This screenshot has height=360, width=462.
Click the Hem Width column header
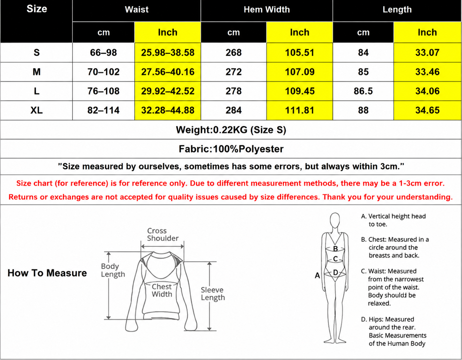[266, 9]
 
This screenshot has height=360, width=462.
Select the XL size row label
[37, 110]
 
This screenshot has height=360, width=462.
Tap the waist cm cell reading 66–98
[103, 53]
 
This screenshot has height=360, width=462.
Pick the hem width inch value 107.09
[299, 72]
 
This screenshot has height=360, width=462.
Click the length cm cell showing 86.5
[363, 91]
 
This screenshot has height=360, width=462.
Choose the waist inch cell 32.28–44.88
[168, 110]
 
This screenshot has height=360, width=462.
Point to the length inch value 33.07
[427, 53]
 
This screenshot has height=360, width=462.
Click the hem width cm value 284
[234, 110]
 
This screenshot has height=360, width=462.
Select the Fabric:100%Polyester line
[231, 149]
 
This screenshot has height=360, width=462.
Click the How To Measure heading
[47, 273]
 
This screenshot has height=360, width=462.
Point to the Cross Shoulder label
[163, 234]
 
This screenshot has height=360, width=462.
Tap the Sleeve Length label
[213, 294]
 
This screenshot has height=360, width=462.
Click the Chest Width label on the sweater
[162, 290]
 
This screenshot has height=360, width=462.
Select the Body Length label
[113, 270]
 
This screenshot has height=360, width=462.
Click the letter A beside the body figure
[317, 275]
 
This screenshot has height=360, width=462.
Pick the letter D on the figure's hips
[335, 272]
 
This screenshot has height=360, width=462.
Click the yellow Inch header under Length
[427, 32]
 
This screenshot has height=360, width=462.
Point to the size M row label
[37, 72]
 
